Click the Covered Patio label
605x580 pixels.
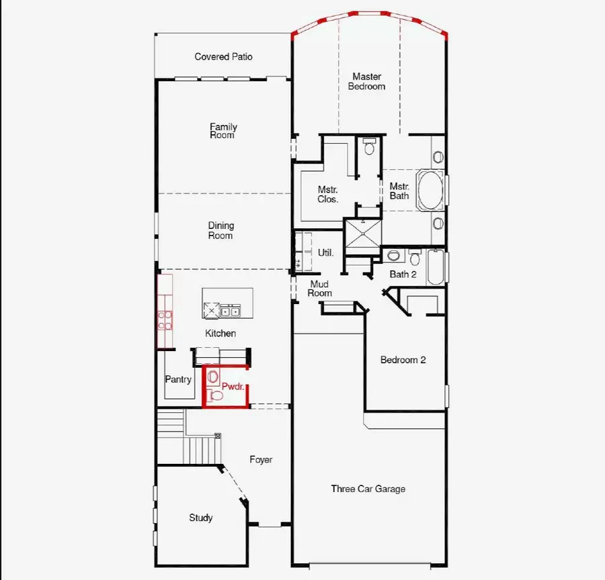(x=223, y=57)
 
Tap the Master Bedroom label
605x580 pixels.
(x=367, y=81)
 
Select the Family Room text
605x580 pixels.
(x=223, y=131)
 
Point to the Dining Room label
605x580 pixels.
(x=220, y=231)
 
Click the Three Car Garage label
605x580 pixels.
(x=368, y=489)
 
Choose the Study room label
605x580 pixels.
(x=200, y=518)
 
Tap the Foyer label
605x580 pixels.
(x=261, y=460)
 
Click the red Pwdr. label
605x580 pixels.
(x=232, y=387)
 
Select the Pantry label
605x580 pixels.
(x=178, y=379)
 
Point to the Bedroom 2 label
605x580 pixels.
(x=403, y=360)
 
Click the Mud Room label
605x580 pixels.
(x=320, y=289)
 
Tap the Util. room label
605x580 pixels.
(x=325, y=252)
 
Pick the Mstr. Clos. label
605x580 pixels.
(x=328, y=194)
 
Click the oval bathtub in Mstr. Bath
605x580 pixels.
(x=429, y=189)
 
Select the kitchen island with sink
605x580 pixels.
(x=228, y=304)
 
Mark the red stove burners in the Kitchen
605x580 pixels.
(x=165, y=320)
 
